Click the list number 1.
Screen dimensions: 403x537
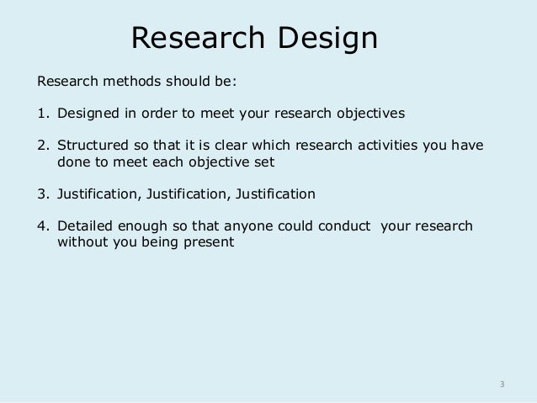(x=40, y=113)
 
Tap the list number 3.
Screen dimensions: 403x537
(x=40, y=194)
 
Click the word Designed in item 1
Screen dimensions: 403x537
(x=87, y=113)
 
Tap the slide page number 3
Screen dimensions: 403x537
(x=502, y=384)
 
